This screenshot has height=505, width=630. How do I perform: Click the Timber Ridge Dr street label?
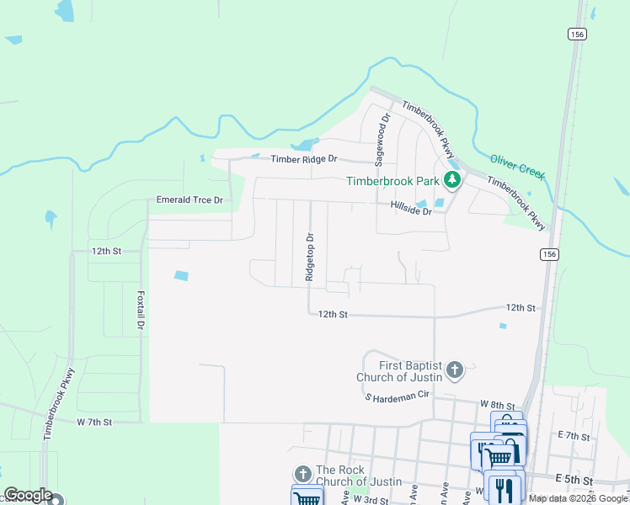pos(303,159)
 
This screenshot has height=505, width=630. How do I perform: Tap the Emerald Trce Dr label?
pos(190,200)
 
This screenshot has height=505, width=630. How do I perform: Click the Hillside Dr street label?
pos(411,210)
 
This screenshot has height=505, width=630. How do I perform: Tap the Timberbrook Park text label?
pos(393,181)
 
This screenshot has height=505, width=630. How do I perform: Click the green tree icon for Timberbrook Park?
pos(452,179)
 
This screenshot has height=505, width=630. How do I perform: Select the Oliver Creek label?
pos(517,166)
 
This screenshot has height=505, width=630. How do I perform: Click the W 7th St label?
pos(93,421)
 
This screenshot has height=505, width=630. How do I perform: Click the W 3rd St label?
pos(371,500)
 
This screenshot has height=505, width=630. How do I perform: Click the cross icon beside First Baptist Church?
pos(455,369)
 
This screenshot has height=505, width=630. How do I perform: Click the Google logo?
pos(29,495)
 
